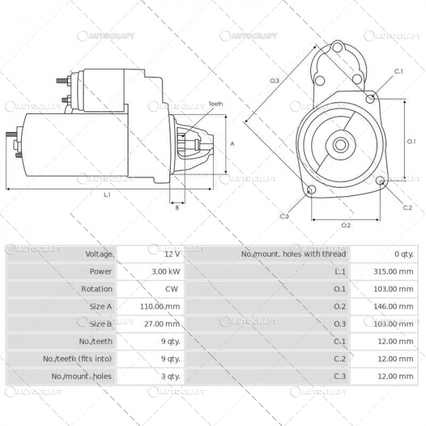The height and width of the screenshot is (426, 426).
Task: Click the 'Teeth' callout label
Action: [x=215, y=104]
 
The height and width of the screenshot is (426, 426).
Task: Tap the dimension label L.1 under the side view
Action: [x=106, y=195]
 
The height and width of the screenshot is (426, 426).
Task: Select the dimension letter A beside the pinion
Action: [x=232, y=144]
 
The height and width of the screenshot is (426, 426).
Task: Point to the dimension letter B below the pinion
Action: [x=176, y=208]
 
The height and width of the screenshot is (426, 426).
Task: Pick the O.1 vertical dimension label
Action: [x=411, y=141]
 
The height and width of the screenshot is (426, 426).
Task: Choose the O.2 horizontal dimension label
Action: [x=346, y=226]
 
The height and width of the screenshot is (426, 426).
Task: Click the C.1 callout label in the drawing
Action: [x=399, y=71]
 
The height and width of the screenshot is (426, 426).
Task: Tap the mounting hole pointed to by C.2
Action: [x=380, y=181]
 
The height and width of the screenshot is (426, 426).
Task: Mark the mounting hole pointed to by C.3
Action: [x=311, y=190]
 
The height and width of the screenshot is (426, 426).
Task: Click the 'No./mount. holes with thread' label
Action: [x=293, y=254]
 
